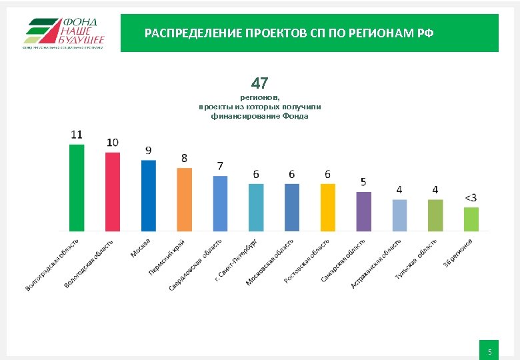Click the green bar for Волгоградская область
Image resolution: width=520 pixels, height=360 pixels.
77,187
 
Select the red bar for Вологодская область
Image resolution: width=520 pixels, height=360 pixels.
113,191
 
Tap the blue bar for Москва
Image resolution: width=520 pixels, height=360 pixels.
149,195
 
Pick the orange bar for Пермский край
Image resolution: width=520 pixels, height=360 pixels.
184,199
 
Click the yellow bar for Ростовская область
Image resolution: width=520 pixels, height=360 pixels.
327,207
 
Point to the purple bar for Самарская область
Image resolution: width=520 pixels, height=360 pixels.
363,211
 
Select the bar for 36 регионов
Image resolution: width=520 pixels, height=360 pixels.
471,219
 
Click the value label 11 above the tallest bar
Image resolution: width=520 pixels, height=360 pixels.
77,134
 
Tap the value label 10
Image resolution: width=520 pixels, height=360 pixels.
113,142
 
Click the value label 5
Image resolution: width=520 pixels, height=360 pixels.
363,181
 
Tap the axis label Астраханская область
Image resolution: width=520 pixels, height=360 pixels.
376,265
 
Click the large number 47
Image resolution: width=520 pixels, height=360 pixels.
259,83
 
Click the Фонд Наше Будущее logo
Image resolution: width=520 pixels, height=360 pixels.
64,33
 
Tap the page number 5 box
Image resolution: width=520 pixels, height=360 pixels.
489,351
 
